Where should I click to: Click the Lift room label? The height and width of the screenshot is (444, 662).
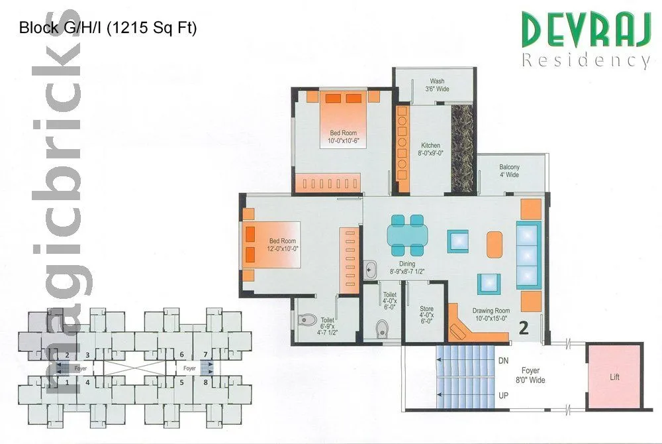point(615,377)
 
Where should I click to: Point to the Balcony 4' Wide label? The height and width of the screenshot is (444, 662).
point(509,171)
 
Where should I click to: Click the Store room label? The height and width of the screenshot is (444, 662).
point(426,313)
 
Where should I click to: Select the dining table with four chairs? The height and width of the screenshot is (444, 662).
point(406,235)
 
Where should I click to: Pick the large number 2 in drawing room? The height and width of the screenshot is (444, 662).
point(523,327)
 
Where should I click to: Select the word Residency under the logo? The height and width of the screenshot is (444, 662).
point(585,61)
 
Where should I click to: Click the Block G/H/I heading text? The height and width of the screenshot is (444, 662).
point(108,28)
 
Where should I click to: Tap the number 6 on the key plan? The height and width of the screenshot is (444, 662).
point(181,355)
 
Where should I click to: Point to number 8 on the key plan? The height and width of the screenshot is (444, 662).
point(206,382)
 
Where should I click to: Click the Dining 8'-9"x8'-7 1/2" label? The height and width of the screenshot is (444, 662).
point(406,268)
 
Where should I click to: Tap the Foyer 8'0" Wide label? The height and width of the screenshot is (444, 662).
point(530,375)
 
